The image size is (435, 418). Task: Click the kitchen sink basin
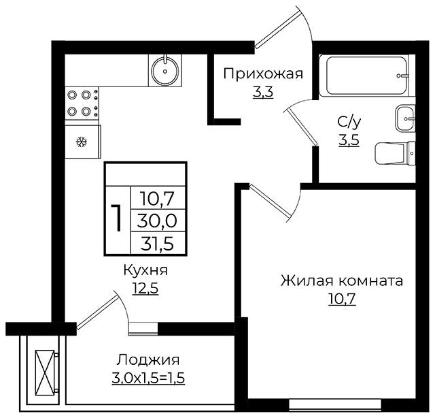tap(165, 71)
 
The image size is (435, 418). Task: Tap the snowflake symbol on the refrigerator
tap(82, 142)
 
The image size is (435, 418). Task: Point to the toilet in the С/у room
tap(395, 153)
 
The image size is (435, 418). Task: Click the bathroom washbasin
tap(405, 118)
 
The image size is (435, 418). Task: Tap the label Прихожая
tap(263, 74)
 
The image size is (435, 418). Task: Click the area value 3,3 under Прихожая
tap(263, 92)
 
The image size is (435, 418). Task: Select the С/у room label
tap(349, 122)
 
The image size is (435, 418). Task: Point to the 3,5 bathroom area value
tap(349, 140)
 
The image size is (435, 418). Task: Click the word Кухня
tap(145, 270)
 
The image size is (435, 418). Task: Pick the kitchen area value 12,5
tap(145, 288)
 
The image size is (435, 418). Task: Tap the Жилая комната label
tap(342, 280)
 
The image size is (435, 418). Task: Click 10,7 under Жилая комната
tap(342, 299)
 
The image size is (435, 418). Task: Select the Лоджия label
tap(148, 360)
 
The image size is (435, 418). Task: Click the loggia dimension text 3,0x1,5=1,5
tap(148, 379)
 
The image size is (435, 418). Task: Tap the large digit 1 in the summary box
tap(117, 218)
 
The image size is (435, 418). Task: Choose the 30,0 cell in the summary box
tap(157, 221)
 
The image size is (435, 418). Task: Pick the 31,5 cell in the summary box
tap(157, 244)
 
